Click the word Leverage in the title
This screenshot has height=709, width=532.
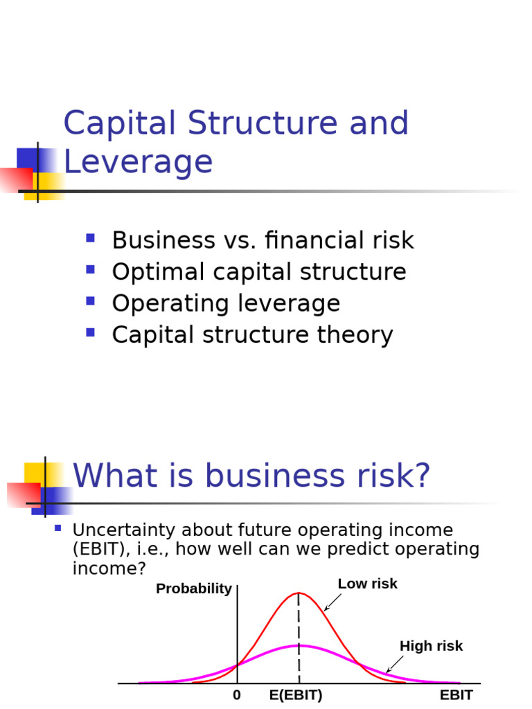click(x=138, y=162)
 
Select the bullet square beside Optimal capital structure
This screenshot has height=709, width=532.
click(x=90, y=269)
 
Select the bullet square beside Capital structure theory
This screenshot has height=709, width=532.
click(x=90, y=332)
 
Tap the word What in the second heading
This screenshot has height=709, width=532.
click(x=111, y=476)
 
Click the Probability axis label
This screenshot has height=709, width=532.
click(x=194, y=589)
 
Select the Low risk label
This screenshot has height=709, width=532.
click(x=367, y=584)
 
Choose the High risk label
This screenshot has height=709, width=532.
click(x=431, y=646)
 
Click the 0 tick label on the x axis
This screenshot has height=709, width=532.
click(x=237, y=695)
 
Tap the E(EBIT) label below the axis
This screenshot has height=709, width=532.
click(x=296, y=695)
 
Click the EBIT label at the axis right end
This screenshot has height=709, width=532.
click(x=456, y=695)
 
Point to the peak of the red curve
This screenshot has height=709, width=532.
click(x=299, y=593)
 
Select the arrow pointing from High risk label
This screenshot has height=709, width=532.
click(x=394, y=665)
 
